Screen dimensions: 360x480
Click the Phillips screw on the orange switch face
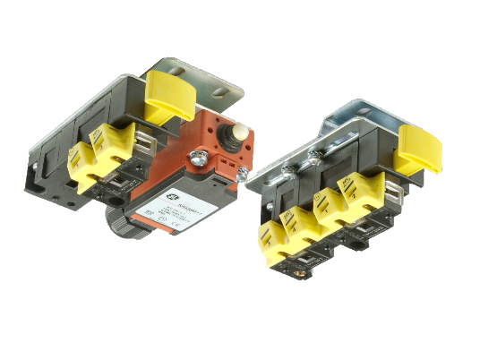(194, 162)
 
